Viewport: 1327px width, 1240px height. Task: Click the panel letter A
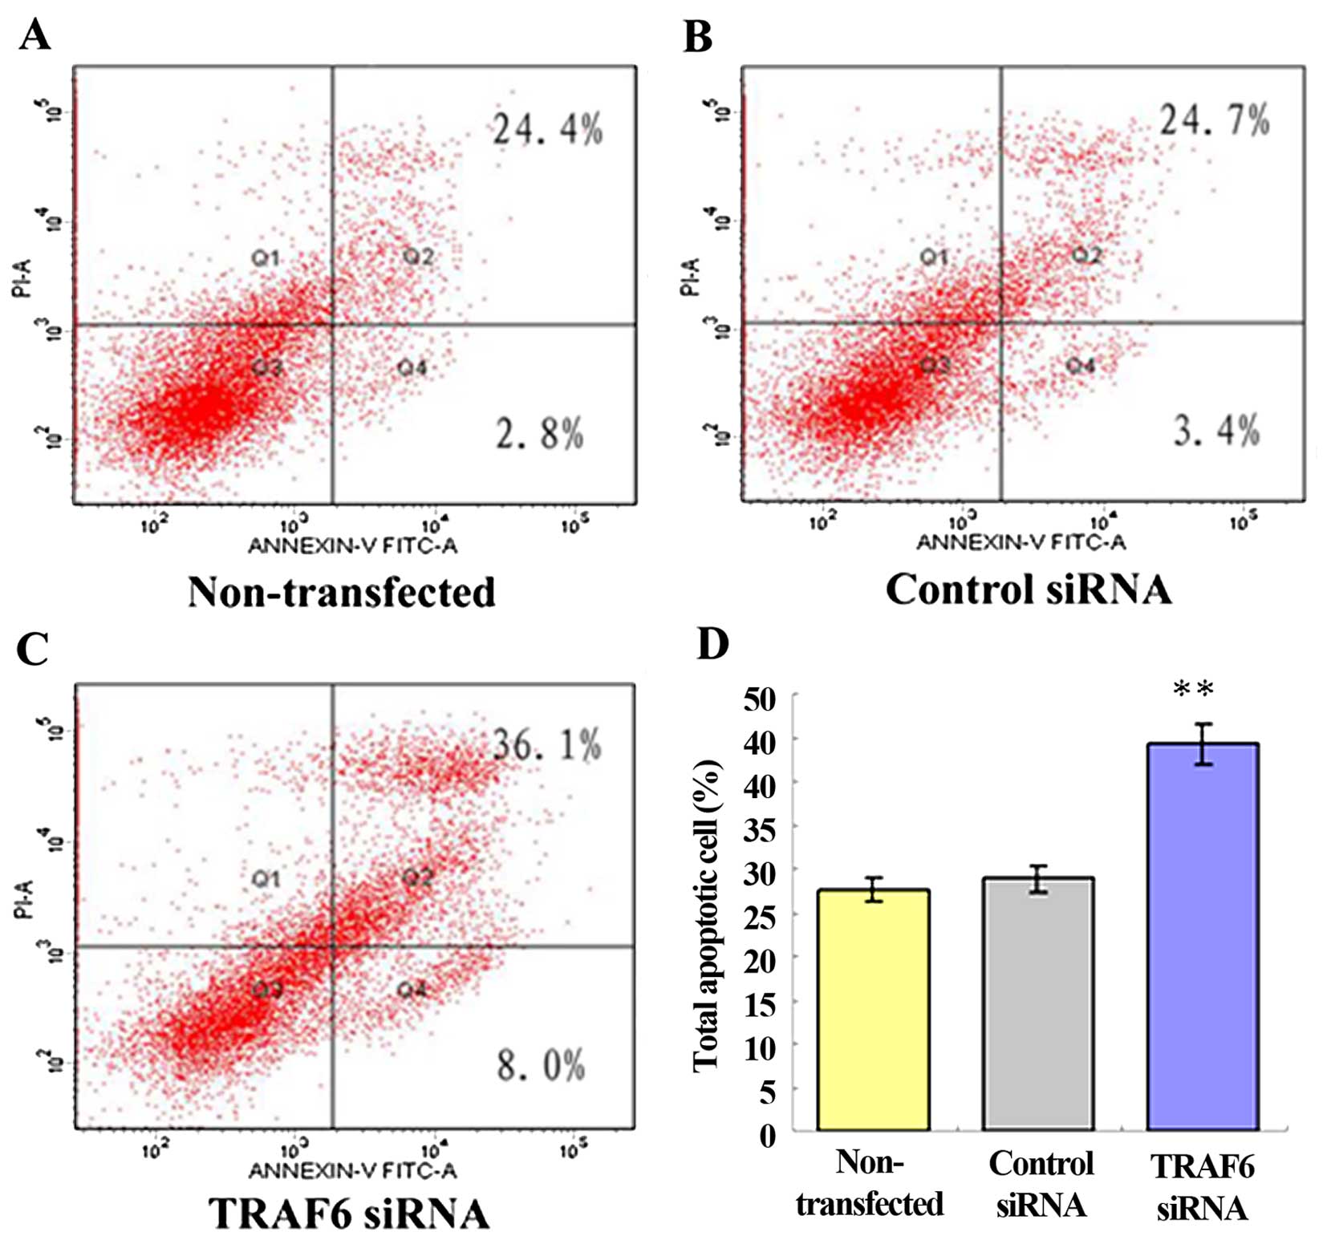(34, 36)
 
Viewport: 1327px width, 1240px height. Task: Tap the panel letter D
(712, 643)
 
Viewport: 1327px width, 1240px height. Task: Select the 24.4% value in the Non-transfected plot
(548, 129)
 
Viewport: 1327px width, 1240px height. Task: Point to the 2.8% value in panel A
(540, 434)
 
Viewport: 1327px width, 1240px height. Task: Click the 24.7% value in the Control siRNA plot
(1215, 120)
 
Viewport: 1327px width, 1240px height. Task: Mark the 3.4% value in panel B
(1216, 431)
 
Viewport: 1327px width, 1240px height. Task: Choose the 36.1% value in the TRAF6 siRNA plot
(547, 745)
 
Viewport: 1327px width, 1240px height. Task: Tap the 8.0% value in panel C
(542, 1065)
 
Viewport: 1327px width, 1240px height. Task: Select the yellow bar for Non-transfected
(873, 1011)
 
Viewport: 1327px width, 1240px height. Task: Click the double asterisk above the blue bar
(1194, 689)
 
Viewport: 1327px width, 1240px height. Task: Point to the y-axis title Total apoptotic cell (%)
(707, 914)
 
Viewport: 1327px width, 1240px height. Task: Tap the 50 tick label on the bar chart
(760, 699)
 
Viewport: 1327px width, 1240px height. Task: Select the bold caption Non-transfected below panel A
(342, 593)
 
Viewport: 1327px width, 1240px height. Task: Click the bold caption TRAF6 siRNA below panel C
(349, 1214)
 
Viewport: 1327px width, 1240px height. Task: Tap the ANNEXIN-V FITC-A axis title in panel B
(1021, 543)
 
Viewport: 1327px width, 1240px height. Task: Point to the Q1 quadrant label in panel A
(266, 257)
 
